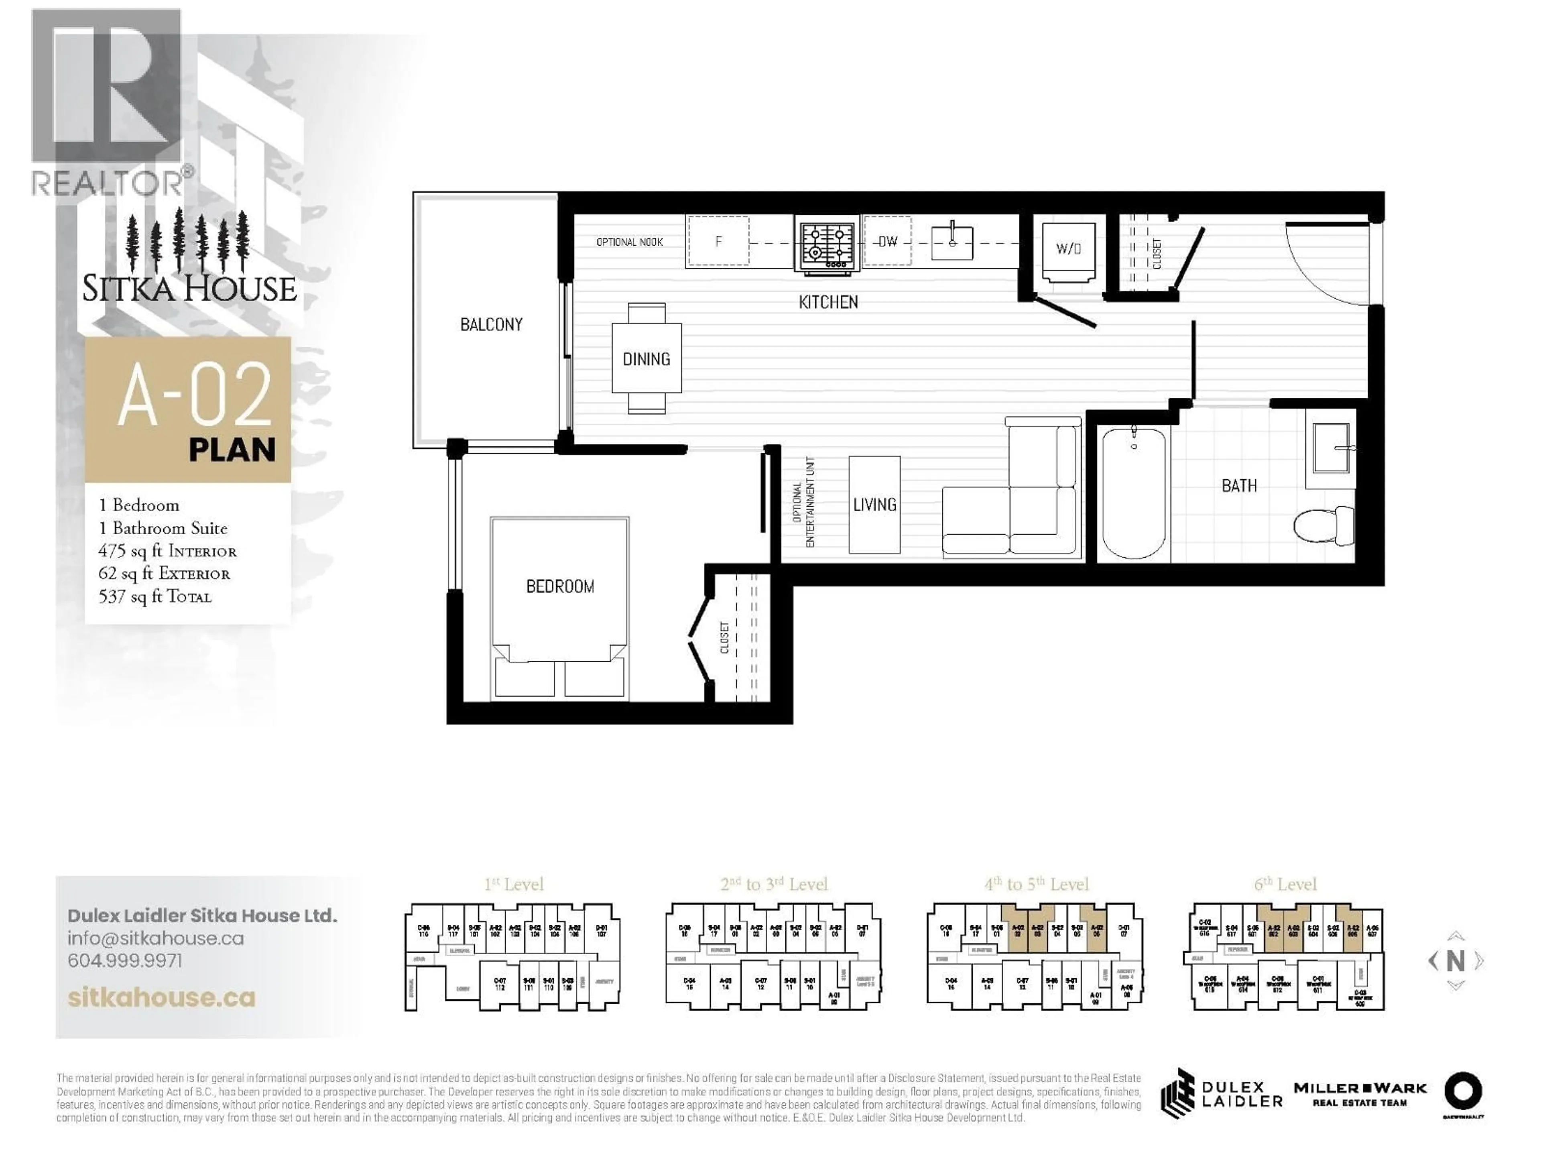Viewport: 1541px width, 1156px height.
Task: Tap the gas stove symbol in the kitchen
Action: point(827,244)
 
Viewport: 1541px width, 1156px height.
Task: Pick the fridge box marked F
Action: point(718,242)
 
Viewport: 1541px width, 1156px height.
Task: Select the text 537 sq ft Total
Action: point(155,596)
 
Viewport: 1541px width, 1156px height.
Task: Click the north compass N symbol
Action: point(1455,961)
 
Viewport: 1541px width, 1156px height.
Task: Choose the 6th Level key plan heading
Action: point(1285,884)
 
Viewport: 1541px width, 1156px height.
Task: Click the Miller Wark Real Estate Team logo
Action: point(1360,1093)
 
